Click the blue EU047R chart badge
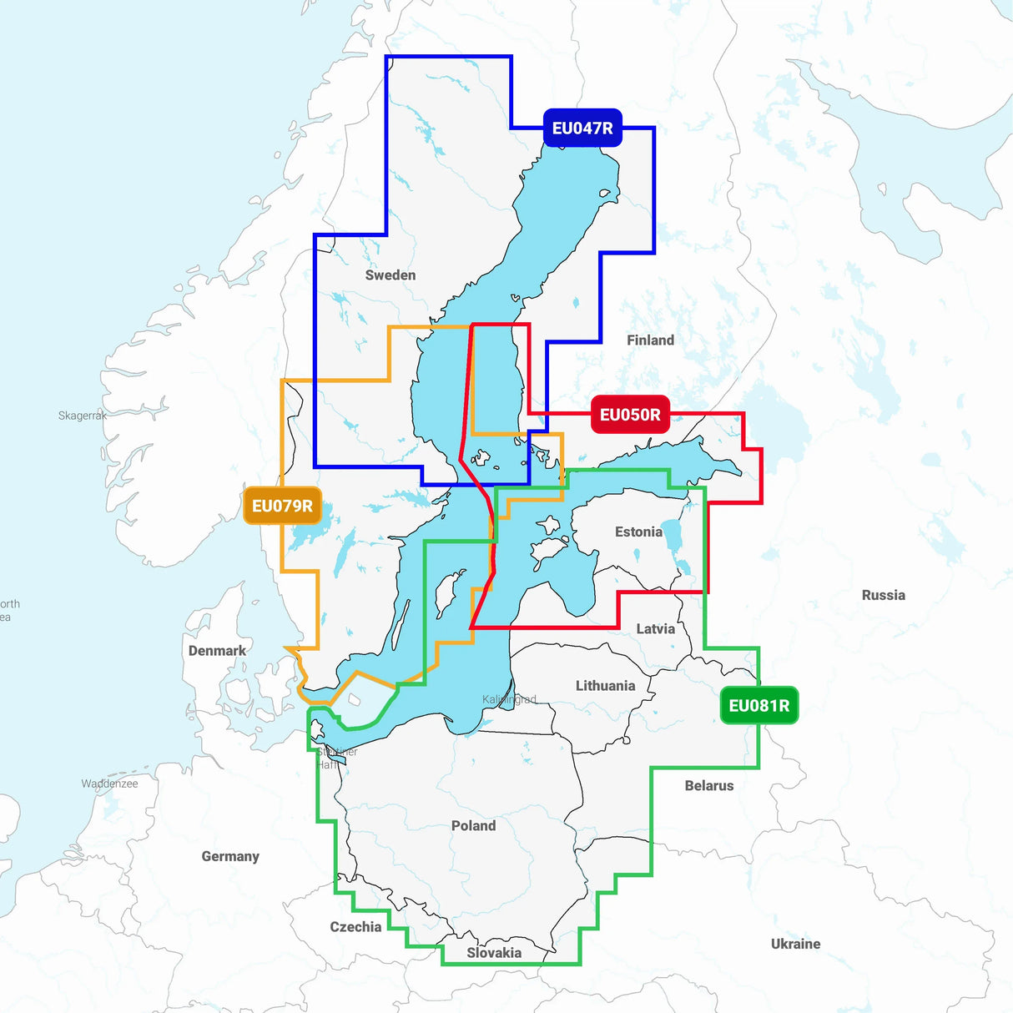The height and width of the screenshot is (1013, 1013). pos(582,128)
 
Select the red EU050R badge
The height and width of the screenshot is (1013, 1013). pos(630,415)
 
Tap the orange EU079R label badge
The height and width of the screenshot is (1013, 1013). pos(282,506)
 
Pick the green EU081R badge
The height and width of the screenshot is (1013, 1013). pos(758,705)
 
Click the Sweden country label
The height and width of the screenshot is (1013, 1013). pos(390,275)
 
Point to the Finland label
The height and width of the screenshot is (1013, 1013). pos(650,340)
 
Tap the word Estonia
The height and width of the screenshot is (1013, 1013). pos(638,532)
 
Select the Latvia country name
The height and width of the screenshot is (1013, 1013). pos(655,628)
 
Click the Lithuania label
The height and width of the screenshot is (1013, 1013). pos(605,685)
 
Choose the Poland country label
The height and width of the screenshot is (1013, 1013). pos(473,825)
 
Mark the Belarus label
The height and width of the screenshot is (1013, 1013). pos(708,785)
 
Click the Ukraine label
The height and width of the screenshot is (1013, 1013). pos(795,944)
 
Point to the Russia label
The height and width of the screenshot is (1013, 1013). pos(883,595)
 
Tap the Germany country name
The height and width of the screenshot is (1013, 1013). pos(230,856)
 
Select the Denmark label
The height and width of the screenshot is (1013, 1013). pos(217,650)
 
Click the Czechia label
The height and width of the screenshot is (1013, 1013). pos(355,926)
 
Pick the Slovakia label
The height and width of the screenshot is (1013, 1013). pos(494,952)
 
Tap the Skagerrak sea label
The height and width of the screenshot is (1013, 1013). pos(82,415)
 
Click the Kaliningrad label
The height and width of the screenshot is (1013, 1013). pos(509,699)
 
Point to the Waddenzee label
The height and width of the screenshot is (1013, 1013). pos(109,784)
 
